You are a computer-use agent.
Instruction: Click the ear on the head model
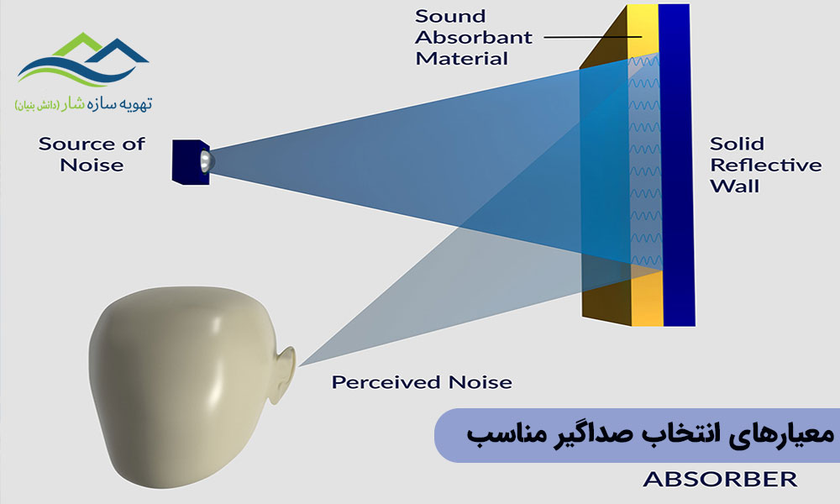(284, 374)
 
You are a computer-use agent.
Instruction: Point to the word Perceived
(386, 382)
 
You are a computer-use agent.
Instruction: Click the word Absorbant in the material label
(474, 38)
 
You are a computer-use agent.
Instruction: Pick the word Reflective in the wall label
(765, 165)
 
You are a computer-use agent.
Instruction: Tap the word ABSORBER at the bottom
(720, 479)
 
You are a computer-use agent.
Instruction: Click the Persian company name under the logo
(83, 103)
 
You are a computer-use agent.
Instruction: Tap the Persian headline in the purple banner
(650, 434)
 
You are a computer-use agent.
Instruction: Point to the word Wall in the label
(734, 186)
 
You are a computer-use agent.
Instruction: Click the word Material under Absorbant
(462, 59)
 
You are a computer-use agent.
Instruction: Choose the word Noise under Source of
(92, 165)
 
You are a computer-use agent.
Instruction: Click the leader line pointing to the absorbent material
(593, 37)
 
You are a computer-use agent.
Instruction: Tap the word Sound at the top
(450, 16)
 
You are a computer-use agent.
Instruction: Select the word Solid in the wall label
(737, 144)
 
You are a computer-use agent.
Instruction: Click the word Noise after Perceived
(480, 382)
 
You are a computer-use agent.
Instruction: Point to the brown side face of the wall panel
(606, 176)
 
